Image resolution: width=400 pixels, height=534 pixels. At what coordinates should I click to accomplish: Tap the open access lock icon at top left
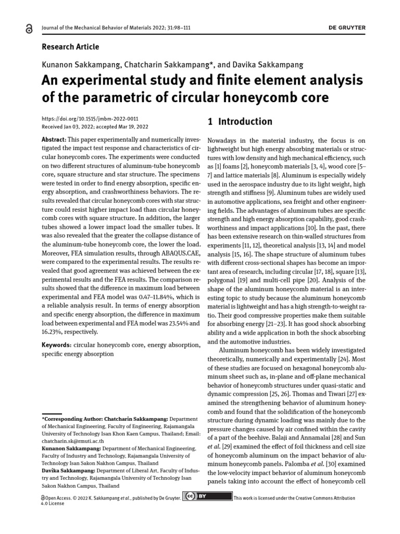click(28, 30)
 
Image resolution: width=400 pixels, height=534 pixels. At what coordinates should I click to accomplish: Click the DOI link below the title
click(90, 119)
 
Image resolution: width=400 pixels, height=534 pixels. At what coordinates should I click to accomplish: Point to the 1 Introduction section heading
click(240, 122)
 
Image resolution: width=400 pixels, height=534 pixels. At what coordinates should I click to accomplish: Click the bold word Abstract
click(54, 141)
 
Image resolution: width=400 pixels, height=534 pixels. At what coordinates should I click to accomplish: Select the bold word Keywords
click(56, 345)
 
